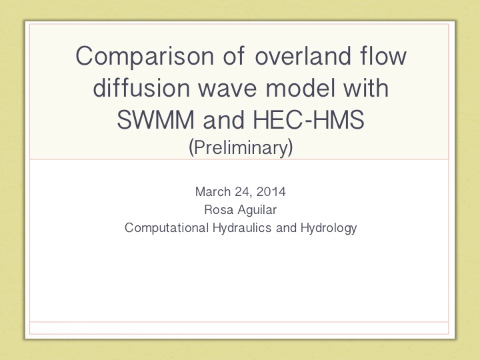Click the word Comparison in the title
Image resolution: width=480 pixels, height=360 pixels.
[145, 57]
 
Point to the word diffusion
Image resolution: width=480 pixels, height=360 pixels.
[141, 87]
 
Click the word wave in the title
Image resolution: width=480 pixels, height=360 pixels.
[227, 89]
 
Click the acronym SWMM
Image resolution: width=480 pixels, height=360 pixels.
[155, 119]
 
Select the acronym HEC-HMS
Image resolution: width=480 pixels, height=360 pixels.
[309, 119]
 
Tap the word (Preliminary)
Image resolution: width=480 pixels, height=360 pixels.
[241, 147]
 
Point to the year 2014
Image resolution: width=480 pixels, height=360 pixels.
[271, 191]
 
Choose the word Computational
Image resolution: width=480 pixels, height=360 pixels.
[167, 228]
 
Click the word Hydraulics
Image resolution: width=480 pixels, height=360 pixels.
[242, 228]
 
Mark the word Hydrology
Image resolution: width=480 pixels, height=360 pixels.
[329, 229]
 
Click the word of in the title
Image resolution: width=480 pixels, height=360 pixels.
[234, 55]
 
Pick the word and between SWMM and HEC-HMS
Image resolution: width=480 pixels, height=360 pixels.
[224, 119]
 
